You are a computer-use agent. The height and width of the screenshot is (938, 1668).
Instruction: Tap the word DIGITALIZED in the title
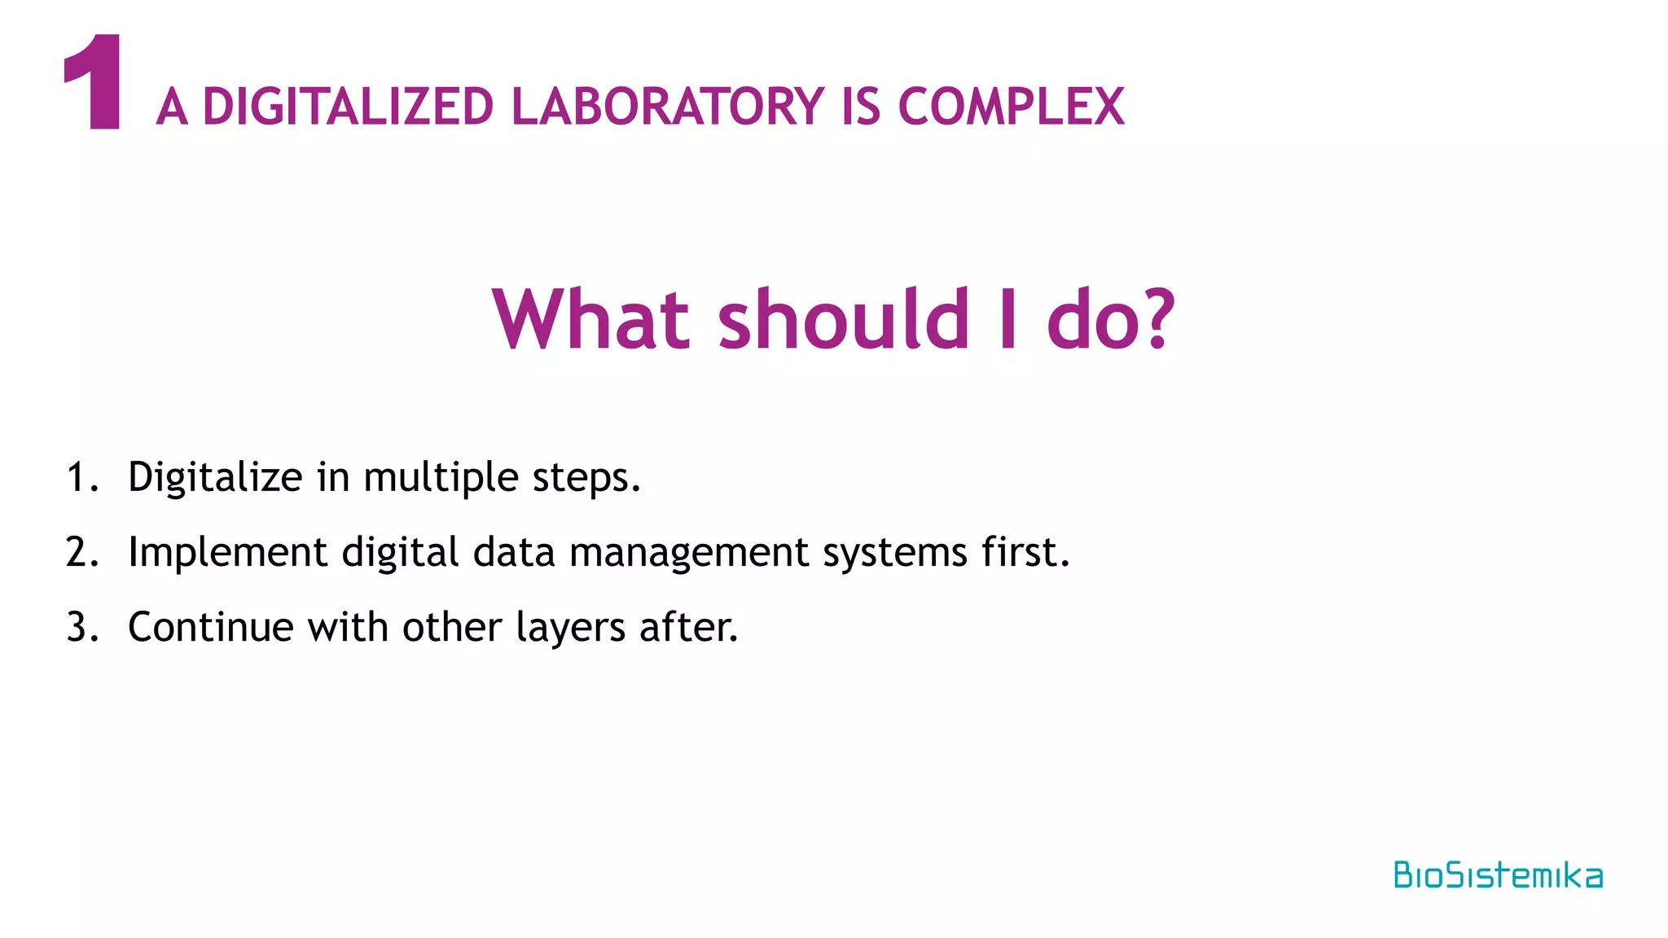point(348,107)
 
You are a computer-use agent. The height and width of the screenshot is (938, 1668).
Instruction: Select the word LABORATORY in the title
point(668,107)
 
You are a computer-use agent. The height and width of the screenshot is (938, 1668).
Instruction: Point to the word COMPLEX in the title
point(1011,107)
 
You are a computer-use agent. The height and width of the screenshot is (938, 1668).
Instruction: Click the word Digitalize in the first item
point(215,477)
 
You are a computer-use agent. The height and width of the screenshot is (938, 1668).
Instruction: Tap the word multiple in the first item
point(441,477)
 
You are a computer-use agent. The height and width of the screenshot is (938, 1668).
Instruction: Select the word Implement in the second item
point(227,552)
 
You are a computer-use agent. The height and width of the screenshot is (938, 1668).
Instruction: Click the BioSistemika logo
point(1498,875)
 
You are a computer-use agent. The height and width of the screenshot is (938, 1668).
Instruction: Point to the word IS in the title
point(861,107)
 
